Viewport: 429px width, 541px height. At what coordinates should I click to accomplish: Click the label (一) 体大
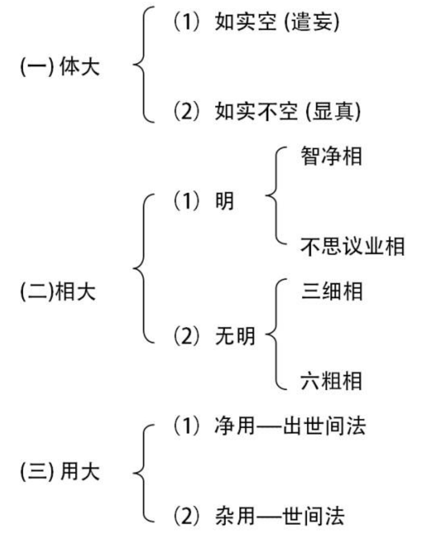click(x=60, y=67)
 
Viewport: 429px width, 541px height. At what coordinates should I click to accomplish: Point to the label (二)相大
click(x=58, y=291)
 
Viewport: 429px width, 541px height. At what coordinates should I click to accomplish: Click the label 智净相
click(x=331, y=157)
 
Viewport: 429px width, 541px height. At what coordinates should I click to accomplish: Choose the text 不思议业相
click(x=353, y=246)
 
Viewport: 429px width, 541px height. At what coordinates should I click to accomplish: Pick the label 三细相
click(x=331, y=291)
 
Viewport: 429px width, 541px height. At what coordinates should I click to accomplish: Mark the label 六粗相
click(x=331, y=382)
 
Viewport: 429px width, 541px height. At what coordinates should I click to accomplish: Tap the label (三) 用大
click(x=60, y=471)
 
